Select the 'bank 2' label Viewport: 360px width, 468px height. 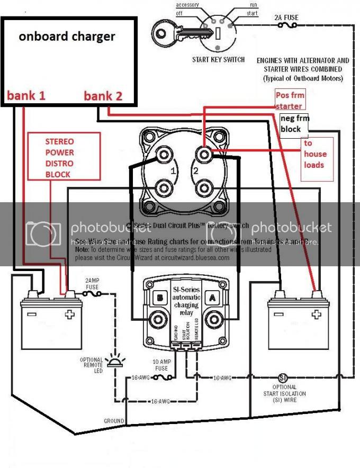(x=103, y=96)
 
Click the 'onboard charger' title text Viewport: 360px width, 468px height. (x=67, y=37)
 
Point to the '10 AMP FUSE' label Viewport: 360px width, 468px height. (x=159, y=364)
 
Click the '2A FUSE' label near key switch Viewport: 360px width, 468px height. (x=286, y=17)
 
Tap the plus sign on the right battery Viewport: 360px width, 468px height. (x=316, y=313)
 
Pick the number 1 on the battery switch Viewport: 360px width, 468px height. (x=172, y=171)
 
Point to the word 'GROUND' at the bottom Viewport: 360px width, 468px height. (x=114, y=421)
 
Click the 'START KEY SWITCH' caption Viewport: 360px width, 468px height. (x=218, y=59)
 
